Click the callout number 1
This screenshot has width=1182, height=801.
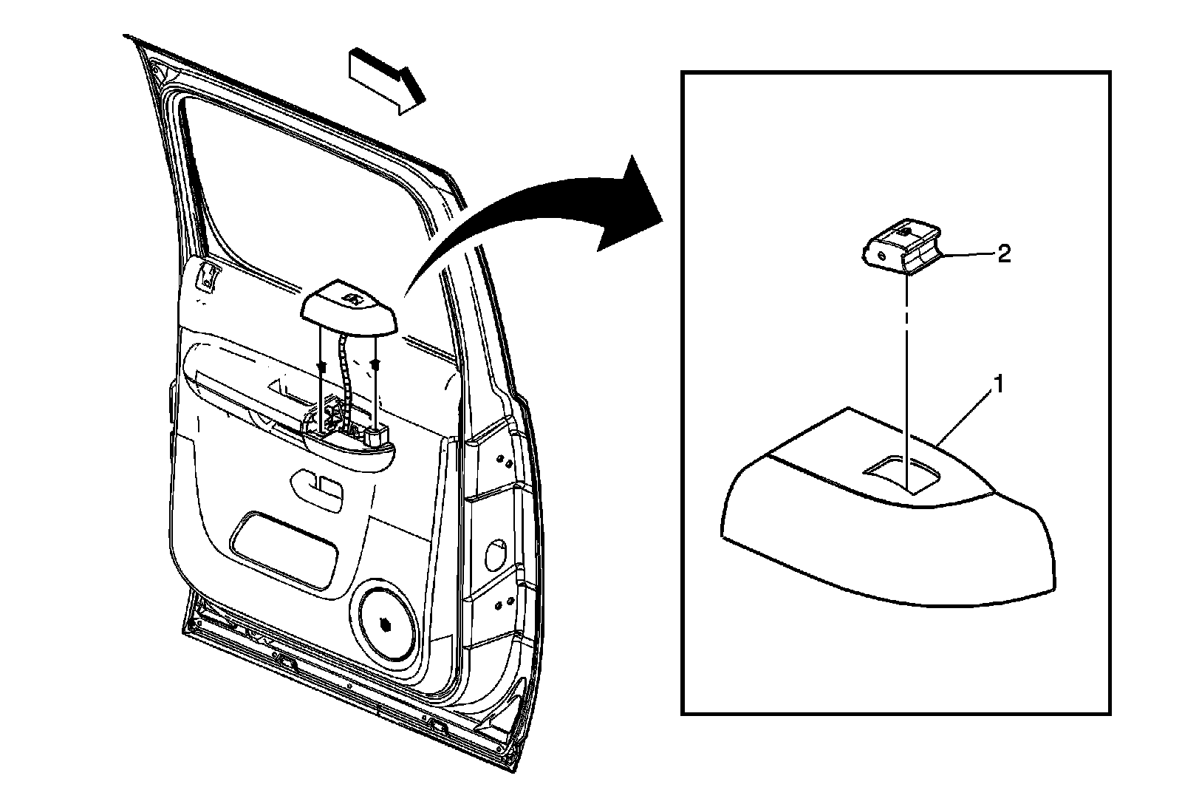tap(998, 384)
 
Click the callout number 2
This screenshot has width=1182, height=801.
tap(1004, 254)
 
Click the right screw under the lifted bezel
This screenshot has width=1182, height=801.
tap(376, 364)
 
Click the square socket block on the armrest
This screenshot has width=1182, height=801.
tap(376, 437)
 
